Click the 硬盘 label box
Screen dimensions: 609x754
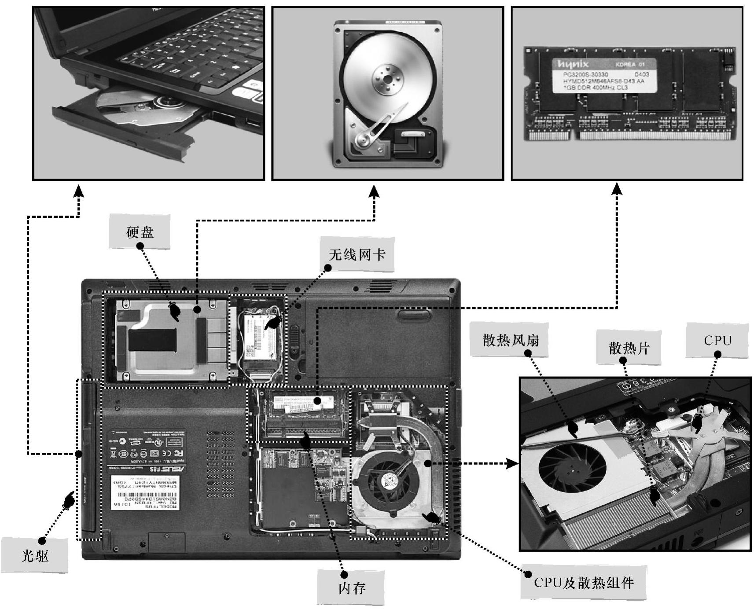click(140, 232)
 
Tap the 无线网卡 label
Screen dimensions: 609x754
click(357, 254)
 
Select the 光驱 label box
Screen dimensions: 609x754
click(35, 556)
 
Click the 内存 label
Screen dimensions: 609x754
click(351, 588)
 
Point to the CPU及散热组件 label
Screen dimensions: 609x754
click(584, 583)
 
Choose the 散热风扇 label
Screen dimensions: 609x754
click(510, 340)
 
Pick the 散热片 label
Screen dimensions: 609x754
click(629, 348)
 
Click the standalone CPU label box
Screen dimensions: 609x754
click(717, 340)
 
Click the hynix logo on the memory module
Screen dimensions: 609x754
click(572, 65)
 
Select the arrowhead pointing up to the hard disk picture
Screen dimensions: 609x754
click(374, 191)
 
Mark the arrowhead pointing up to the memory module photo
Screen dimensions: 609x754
click(617, 189)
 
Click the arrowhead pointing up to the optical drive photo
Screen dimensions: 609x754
click(78, 191)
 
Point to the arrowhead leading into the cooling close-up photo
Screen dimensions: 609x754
click(511, 463)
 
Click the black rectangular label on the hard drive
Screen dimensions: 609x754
click(152, 340)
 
